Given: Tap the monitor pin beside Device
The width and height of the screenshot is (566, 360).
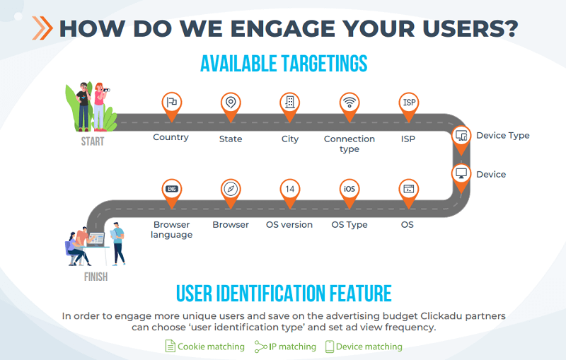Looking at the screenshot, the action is (x=461, y=178).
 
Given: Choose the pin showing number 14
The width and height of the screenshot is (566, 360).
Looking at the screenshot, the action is (x=290, y=193).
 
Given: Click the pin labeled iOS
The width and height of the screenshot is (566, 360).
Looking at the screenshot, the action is (x=350, y=193).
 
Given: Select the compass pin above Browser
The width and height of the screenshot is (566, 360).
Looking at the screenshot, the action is (x=231, y=193).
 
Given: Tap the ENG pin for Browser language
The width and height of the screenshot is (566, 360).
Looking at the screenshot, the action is (x=171, y=193).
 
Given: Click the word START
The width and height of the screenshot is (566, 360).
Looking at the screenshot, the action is (x=93, y=141).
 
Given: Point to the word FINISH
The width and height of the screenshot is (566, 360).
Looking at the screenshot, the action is (x=96, y=277).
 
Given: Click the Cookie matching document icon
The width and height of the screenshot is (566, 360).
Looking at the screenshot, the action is (x=171, y=346).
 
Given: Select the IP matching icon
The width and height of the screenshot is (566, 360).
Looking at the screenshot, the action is (x=261, y=347).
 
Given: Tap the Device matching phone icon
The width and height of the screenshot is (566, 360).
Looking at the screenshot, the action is (x=330, y=347).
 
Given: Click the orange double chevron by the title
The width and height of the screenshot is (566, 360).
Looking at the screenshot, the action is (x=42, y=28).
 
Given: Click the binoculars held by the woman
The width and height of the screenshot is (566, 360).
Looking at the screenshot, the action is (x=105, y=90).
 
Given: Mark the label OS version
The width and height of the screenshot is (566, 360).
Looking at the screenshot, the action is (x=289, y=224).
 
